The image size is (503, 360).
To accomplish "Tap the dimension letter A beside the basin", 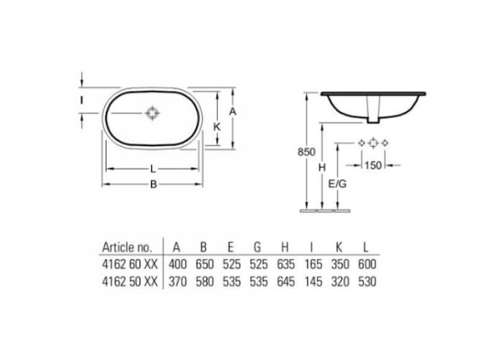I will point(235,111).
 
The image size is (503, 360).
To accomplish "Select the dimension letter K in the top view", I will point(217,126).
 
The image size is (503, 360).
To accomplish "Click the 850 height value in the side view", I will point(306,152).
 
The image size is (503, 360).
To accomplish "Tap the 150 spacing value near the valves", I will point(373,165).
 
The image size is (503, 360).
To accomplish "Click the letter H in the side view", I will point(322,168).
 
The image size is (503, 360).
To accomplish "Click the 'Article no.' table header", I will point(127,248).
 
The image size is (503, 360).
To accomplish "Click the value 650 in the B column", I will point(204,264).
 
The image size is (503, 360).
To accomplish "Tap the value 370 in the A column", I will point(177,280).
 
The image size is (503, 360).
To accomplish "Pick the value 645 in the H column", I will point(286,280).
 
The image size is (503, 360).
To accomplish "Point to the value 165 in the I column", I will point(313,264).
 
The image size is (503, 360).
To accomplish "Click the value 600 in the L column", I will point(366,264).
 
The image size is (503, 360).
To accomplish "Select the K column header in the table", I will point(340,248).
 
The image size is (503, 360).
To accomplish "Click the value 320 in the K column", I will point(340,280).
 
